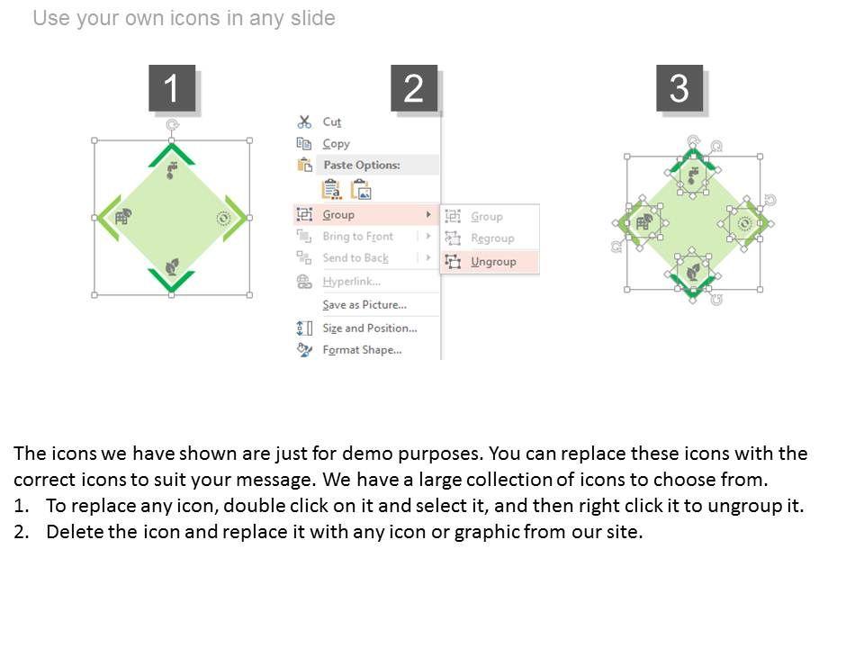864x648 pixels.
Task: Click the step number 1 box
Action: (172, 88)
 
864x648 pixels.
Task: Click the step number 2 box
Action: (414, 88)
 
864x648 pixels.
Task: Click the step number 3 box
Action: (679, 88)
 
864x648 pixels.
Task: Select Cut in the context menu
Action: (332, 121)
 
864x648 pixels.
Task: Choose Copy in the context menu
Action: (336, 144)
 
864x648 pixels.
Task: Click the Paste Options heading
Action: (362, 165)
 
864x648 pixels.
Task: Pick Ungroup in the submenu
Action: (493, 262)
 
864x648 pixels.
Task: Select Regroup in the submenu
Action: (492, 238)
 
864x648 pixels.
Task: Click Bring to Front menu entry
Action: (357, 237)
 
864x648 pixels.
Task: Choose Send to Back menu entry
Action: (355, 258)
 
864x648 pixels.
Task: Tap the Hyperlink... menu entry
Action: (352, 282)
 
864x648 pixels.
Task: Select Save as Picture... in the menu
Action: (364, 305)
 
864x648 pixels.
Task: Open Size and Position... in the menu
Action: (370, 328)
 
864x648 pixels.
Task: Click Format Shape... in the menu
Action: (362, 350)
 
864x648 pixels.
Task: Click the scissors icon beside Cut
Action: (304, 121)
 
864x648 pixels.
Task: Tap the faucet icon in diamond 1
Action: (173, 170)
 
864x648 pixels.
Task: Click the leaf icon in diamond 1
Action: (173, 266)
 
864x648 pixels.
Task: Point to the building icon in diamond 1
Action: (123, 217)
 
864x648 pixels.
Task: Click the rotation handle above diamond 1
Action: (172, 125)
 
